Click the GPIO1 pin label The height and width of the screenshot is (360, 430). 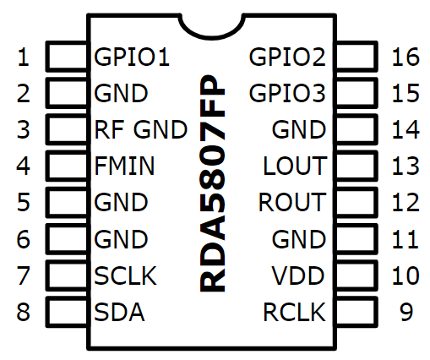(132, 57)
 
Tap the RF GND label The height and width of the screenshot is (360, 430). (141, 129)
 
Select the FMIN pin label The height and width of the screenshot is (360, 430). (124, 166)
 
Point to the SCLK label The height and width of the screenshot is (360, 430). (125, 275)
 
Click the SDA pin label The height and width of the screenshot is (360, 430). (119, 312)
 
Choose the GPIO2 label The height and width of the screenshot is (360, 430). (287, 57)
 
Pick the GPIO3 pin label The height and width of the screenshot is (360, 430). (287, 93)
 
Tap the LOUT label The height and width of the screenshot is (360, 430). (295, 166)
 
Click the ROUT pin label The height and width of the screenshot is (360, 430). (292, 202)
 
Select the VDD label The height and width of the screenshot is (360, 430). (298, 275)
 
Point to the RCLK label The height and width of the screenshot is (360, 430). (294, 312)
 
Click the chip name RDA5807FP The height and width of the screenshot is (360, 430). (213, 183)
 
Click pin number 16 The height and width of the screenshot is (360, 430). (406, 57)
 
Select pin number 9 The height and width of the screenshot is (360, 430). (406, 312)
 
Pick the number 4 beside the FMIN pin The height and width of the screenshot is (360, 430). (23, 166)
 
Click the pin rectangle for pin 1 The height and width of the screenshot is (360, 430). (68, 56)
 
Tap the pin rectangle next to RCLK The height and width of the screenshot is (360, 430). (357, 312)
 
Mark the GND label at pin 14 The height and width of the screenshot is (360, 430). (299, 129)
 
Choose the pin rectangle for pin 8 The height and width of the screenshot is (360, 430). (68, 312)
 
